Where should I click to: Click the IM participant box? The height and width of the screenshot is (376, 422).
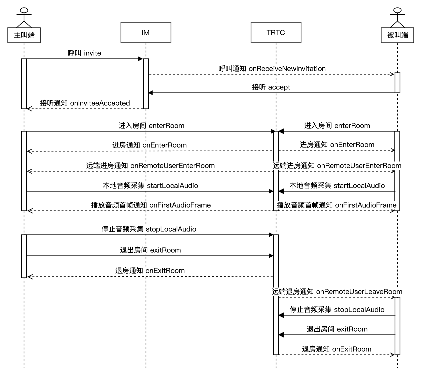point(146,33)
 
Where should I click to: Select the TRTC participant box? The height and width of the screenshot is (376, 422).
point(276,33)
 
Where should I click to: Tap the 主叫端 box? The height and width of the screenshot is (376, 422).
point(24,35)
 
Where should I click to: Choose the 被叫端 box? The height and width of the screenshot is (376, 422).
point(397,35)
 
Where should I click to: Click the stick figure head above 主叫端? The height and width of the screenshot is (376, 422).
point(24,10)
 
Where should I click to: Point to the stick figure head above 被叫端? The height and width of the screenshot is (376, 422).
point(397,10)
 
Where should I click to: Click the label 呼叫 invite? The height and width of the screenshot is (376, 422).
point(84,53)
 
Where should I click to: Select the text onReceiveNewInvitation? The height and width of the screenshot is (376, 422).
point(287,69)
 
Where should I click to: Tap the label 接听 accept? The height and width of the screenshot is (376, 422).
point(271,87)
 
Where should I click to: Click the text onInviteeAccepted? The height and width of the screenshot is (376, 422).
point(100,103)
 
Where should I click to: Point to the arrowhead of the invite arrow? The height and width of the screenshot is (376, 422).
point(141,59)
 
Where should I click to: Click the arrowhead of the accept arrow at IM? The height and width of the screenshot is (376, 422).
point(151,93)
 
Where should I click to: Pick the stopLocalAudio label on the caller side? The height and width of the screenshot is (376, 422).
point(171,229)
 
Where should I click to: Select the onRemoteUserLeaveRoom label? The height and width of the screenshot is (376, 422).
point(359,292)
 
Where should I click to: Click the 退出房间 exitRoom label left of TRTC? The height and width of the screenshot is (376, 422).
point(150,250)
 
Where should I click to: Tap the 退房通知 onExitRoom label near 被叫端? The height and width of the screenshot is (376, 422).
point(336,349)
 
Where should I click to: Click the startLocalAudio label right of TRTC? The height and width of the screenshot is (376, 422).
point(359,186)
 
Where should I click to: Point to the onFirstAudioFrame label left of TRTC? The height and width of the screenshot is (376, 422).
point(180,205)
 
